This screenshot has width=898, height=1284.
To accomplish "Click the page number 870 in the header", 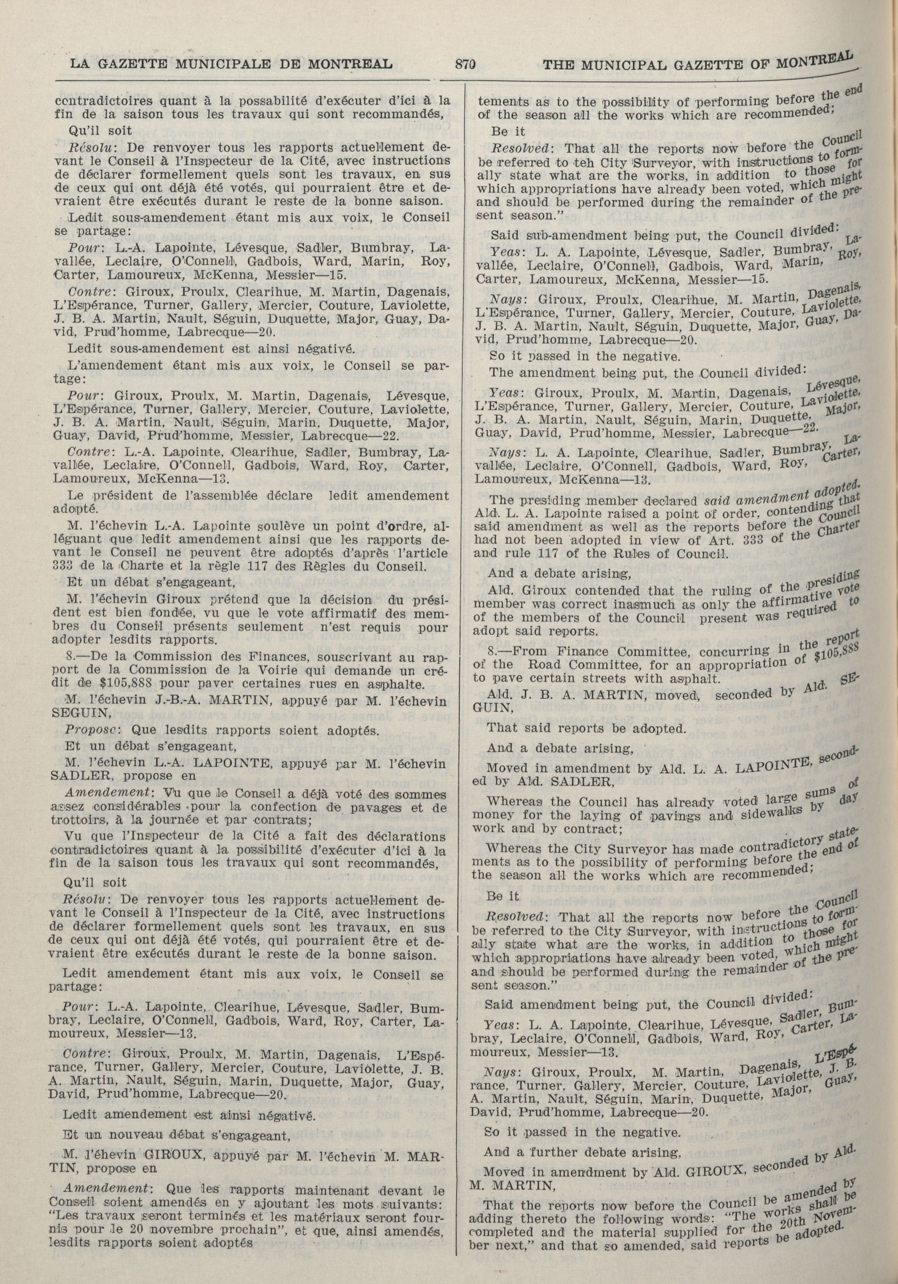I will (x=465, y=64).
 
